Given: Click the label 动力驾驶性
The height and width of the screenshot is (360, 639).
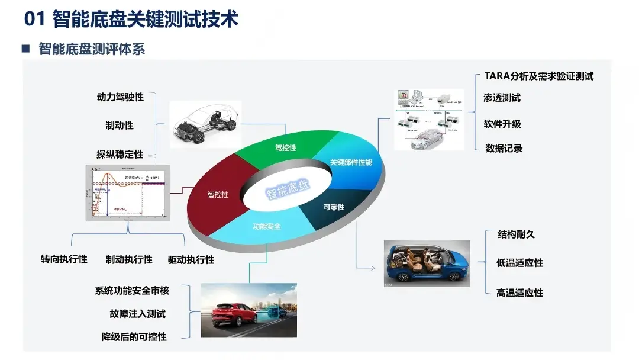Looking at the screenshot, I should [120, 97].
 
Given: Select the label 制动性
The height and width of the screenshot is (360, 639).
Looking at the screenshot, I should [120, 126].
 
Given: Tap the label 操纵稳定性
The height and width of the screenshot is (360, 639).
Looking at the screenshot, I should [120, 155].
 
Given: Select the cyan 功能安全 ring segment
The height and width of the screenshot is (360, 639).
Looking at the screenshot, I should [267, 227].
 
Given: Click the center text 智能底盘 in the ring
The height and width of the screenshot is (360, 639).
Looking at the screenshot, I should [287, 189].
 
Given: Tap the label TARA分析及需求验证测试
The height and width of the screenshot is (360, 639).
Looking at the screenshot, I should [538, 76].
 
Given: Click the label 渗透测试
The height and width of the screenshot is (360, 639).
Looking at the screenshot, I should [502, 98].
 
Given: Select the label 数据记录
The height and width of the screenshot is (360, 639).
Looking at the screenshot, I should [504, 149].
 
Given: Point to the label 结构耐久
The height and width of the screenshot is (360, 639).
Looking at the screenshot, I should [516, 234].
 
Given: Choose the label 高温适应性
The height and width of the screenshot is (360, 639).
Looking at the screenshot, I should [519, 292].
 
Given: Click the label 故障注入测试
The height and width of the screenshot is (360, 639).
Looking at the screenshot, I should [137, 314].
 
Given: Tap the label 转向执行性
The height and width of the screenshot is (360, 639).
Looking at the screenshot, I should [64, 259].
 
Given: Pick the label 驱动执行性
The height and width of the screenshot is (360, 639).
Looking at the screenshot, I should [191, 259].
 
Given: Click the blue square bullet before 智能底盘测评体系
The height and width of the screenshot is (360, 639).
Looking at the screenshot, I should [25, 49].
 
